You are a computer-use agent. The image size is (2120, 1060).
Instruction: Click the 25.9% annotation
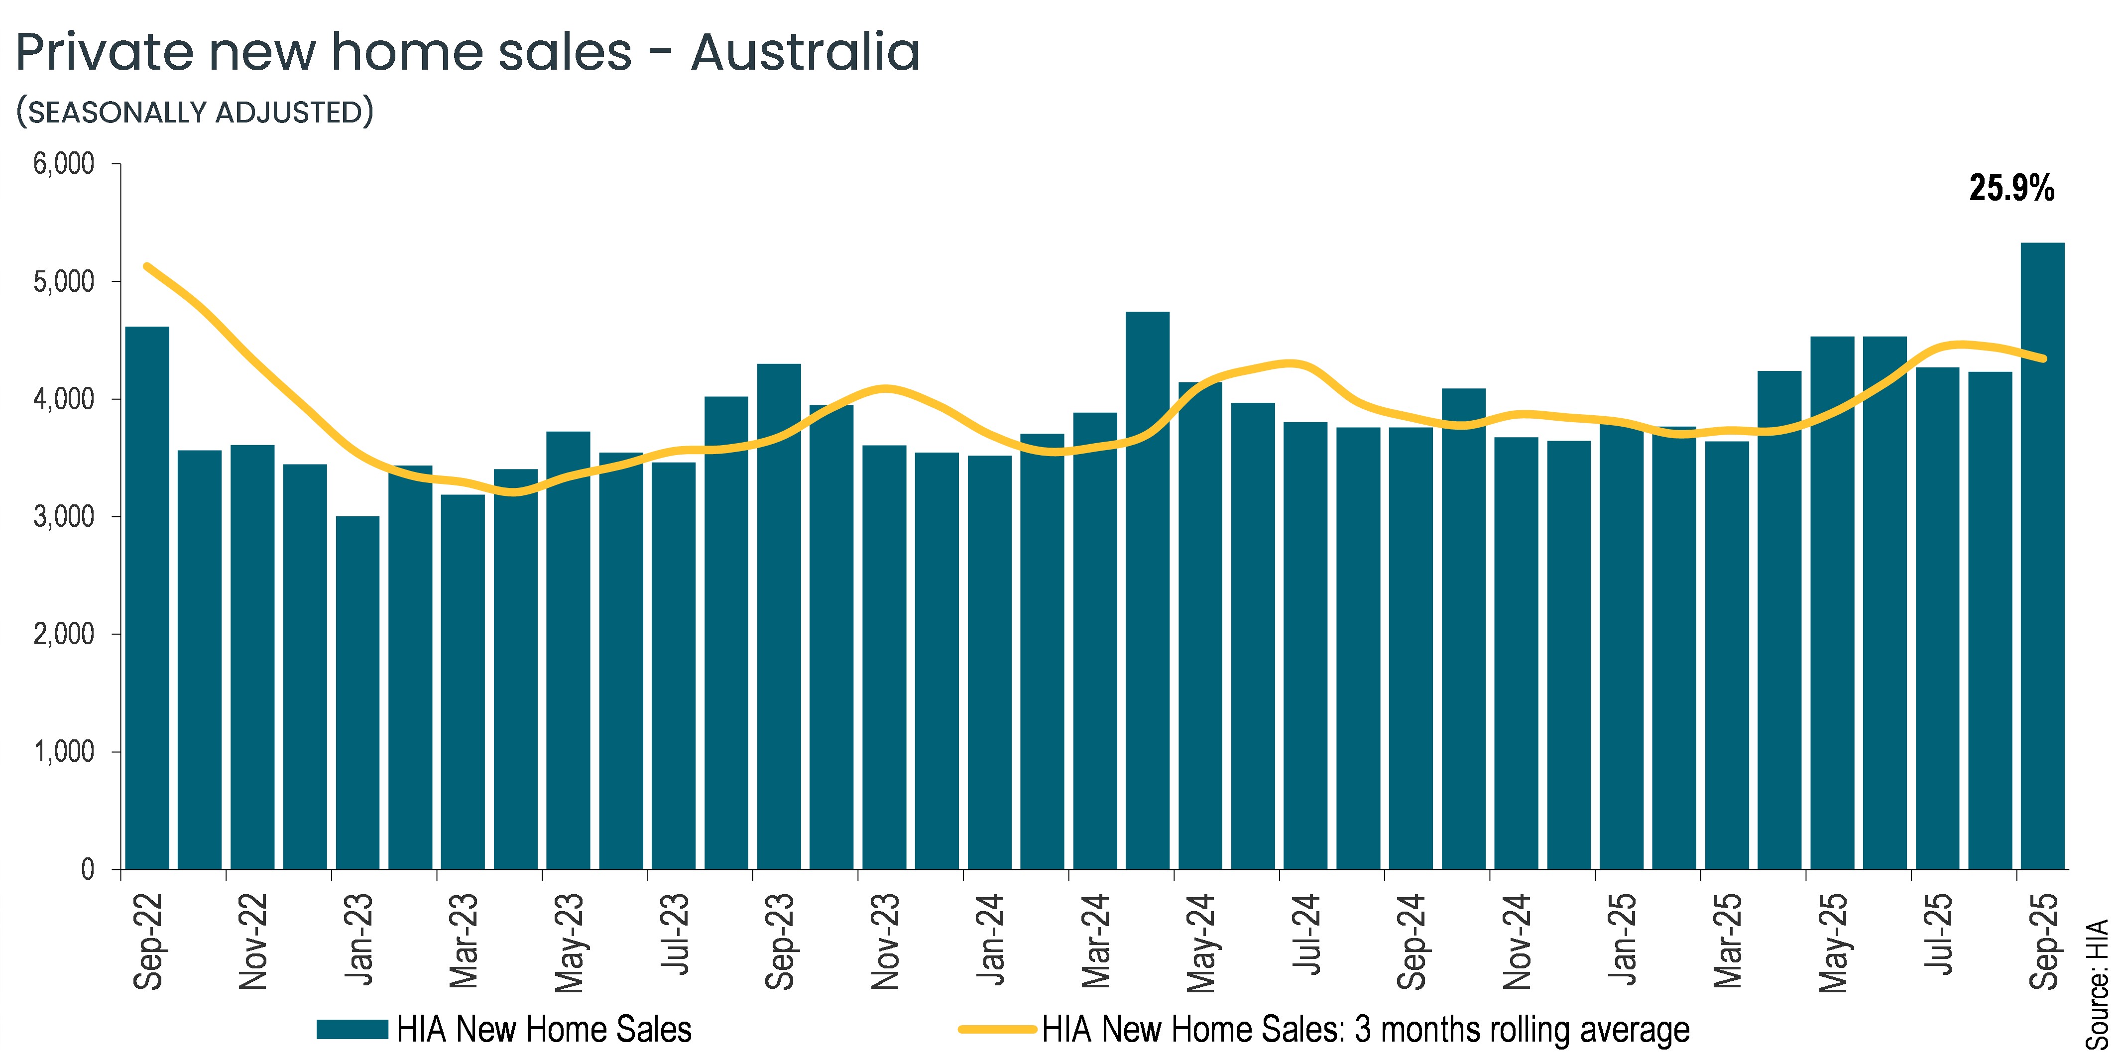tap(2011, 189)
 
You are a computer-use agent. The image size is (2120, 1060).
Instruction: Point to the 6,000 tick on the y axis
tap(64, 164)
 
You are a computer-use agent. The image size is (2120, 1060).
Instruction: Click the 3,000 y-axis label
tap(64, 517)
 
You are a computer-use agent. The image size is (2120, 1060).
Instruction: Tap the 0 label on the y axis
tap(87, 870)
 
